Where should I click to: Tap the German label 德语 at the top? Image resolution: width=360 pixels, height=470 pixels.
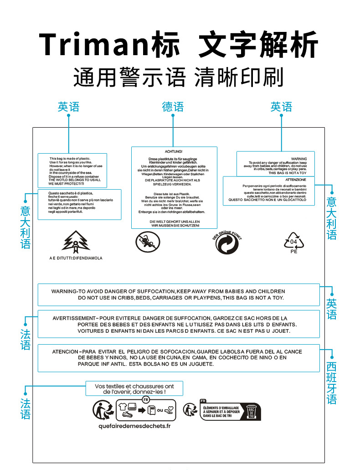[x=173, y=107]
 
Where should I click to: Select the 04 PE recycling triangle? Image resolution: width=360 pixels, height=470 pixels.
[x=293, y=241]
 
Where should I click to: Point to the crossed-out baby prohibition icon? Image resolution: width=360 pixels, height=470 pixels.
[x=148, y=242]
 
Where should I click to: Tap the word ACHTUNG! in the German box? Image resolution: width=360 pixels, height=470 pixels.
[x=173, y=151]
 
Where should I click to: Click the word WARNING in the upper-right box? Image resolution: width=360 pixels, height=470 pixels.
[x=299, y=159]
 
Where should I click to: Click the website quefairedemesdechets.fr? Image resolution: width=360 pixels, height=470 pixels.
[x=134, y=426]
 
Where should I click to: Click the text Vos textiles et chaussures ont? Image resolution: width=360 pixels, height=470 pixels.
[x=134, y=386]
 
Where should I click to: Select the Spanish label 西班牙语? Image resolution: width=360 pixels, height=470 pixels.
[x=332, y=383]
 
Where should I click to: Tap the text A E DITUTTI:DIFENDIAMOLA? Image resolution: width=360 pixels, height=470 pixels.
[x=76, y=258]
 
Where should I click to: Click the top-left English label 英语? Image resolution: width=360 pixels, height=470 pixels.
[x=68, y=107]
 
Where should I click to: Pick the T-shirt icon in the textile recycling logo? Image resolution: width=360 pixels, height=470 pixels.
[x=123, y=406]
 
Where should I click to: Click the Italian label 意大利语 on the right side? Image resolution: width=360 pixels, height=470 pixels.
[x=332, y=218]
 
